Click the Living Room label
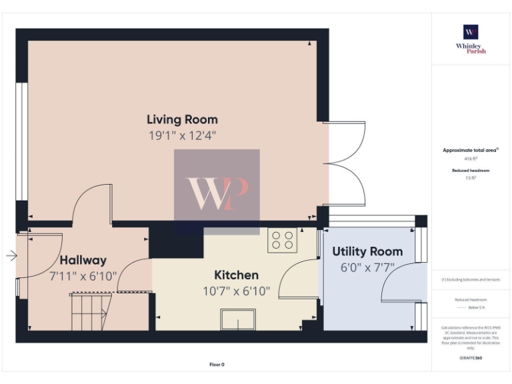pos(182,120)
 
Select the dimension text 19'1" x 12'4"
pos(182,135)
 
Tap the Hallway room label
pos(83,260)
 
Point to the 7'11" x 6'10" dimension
pos(83,275)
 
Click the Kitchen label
pos(236,275)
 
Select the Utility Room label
pos(367,251)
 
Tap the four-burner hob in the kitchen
pos(283,240)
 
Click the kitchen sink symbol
pos(238,321)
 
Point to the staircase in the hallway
pos(89,311)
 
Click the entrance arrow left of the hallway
pos(11,255)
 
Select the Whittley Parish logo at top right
pos(471,39)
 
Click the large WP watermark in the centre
pos(217,192)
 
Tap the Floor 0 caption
pos(217,365)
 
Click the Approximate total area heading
pos(471,151)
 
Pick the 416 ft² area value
pos(471,159)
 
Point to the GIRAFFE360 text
pos(471,359)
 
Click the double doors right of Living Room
pos(347,163)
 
